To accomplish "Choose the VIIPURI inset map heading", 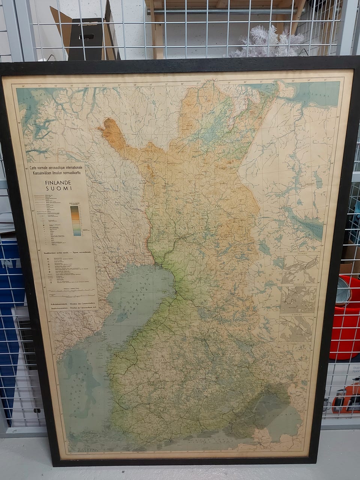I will (x=296, y=316).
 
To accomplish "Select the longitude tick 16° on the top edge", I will (x=24, y=86).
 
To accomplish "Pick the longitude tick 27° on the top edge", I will (x=198, y=83).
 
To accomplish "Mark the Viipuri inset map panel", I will (x=295, y=330).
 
